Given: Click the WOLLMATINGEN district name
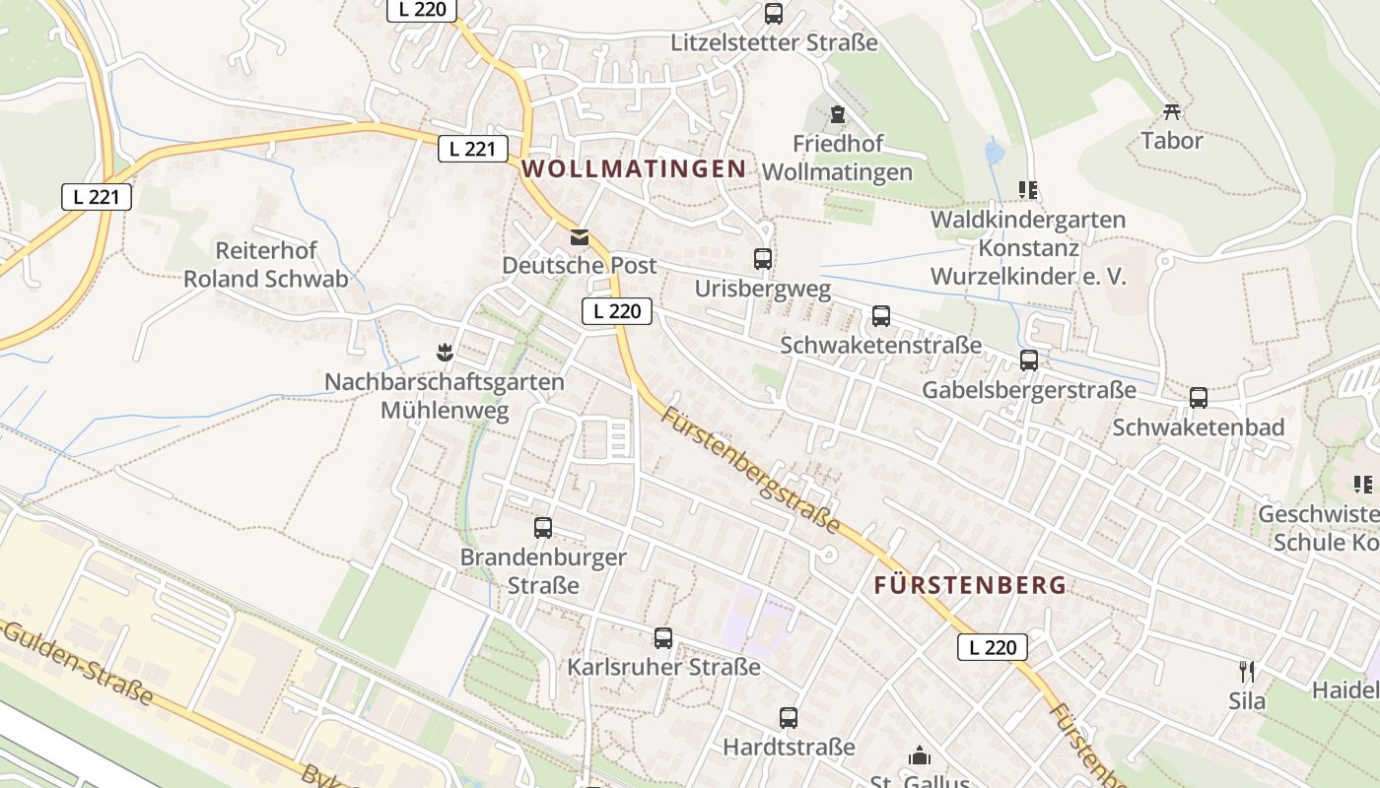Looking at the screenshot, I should click(634, 168).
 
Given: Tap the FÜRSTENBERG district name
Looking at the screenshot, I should click(970, 585).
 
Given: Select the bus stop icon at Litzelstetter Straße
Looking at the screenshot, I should click(774, 14).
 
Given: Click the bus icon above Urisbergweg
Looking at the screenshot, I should click(763, 259).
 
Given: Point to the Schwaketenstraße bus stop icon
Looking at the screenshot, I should click(881, 316).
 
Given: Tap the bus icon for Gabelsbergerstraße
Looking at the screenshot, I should click(1029, 361).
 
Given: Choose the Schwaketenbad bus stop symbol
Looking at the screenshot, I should click(1199, 398).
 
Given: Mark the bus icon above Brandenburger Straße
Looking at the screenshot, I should click(543, 527).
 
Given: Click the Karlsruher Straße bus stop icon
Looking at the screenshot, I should click(663, 638).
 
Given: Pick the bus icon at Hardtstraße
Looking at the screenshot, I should click(789, 718).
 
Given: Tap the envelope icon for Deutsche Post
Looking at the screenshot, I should click(579, 237).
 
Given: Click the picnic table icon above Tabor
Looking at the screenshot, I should click(1172, 111).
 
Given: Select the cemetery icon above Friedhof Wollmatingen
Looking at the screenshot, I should click(838, 115).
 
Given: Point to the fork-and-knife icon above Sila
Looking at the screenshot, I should click(1247, 672).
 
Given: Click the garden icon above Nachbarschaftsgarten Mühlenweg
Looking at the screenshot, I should click(445, 352).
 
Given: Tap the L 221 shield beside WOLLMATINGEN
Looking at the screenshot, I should click(473, 149).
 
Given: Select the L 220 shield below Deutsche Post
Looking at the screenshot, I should click(618, 311).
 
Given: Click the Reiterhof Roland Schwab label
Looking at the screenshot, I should click(266, 264).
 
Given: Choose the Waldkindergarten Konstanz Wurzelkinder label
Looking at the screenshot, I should click(1028, 247).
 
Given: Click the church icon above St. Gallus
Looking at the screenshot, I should click(920, 756).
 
